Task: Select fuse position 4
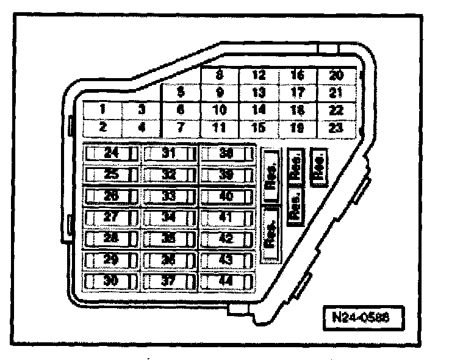(x=141, y=128)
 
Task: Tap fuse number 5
(x=181, y=93)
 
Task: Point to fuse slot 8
(x=219, y=76)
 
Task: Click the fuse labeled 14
(x=259, y=110)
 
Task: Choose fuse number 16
(x=298, y=76)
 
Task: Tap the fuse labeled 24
(x=110, y=153)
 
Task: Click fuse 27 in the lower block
(x=110, y=217)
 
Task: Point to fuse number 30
(x=110, y=281)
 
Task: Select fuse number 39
(x=226, y=175)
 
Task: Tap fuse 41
(x=226, y=217)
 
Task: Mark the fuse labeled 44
(x=226, y=281)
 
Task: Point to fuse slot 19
(x=298, y=128)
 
